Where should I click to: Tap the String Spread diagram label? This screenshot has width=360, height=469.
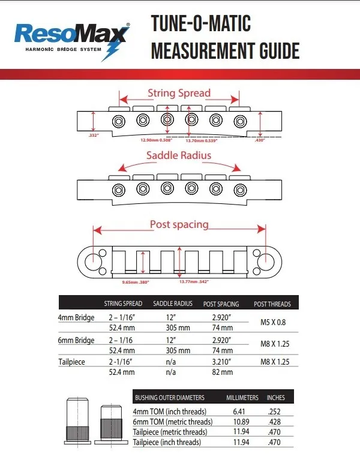(x=179, y=93)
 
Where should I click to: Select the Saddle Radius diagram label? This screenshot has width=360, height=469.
(x=179, y=156)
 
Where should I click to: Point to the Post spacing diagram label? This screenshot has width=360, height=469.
(x=179, y=224)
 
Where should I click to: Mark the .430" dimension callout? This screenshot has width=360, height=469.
(x=259, y=139)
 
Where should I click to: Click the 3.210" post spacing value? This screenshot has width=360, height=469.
(x=222, y=362)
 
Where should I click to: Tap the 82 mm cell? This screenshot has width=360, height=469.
(x=222, y=372)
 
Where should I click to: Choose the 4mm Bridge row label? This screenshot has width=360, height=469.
(x=76, y=317)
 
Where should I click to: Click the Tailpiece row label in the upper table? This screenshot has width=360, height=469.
(x=73, y=362)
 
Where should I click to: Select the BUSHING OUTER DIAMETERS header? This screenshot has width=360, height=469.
(x=170, y=398)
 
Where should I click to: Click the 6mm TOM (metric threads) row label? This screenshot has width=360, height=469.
(x=172, y=422)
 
